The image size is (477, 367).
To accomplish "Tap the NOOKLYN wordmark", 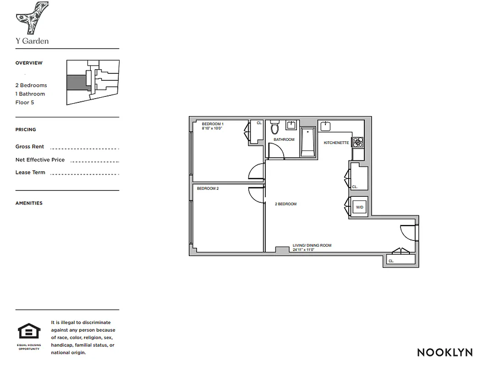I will [x=444, y=352].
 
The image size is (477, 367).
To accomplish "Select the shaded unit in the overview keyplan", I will [x=76, y=83].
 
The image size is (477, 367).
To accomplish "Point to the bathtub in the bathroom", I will [x=308, y=143].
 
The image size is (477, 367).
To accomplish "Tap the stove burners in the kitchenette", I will [x=358, y=143].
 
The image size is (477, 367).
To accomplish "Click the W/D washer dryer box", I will [x=359, y=207].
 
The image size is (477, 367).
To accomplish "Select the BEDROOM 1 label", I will [x=213, y=124].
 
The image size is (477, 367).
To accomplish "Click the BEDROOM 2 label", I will [x=208, y=189].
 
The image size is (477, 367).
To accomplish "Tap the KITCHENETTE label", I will [x=336, y=143].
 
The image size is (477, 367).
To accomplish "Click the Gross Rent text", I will [x=30, y=147].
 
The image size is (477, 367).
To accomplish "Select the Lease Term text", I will [x=30, y=172].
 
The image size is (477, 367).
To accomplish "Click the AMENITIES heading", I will [x=29, y=203].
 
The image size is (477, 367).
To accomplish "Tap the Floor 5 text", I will [x=25, y=102].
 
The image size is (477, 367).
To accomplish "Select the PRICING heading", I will [x=26, y=130].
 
